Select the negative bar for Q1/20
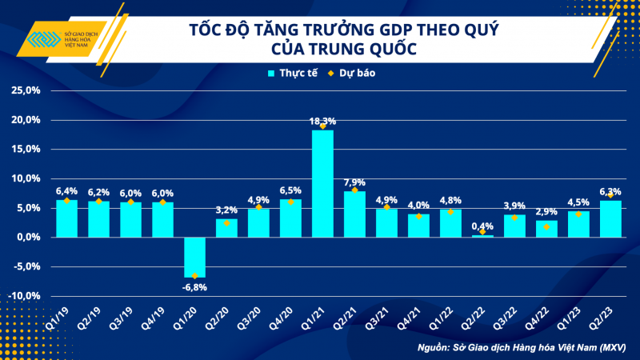point(194,257)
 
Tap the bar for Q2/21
point(354,214)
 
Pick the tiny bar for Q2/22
point(482,235)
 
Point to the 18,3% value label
point(322,121)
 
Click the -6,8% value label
point(194,286)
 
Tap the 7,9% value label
point(354,182)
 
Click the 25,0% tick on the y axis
point(26,90)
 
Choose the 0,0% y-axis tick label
point(27,237)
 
